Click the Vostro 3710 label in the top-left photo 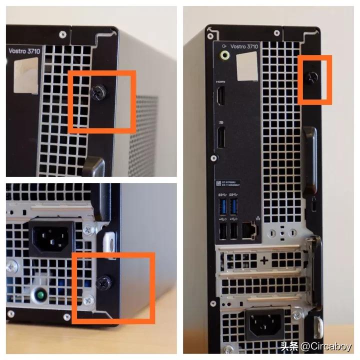pyautogui.click(x=24, y=50)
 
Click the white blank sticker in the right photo pyautogui.click(x=246, y=65)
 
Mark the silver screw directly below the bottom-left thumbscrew pyautogui.click(x=88, y=300)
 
